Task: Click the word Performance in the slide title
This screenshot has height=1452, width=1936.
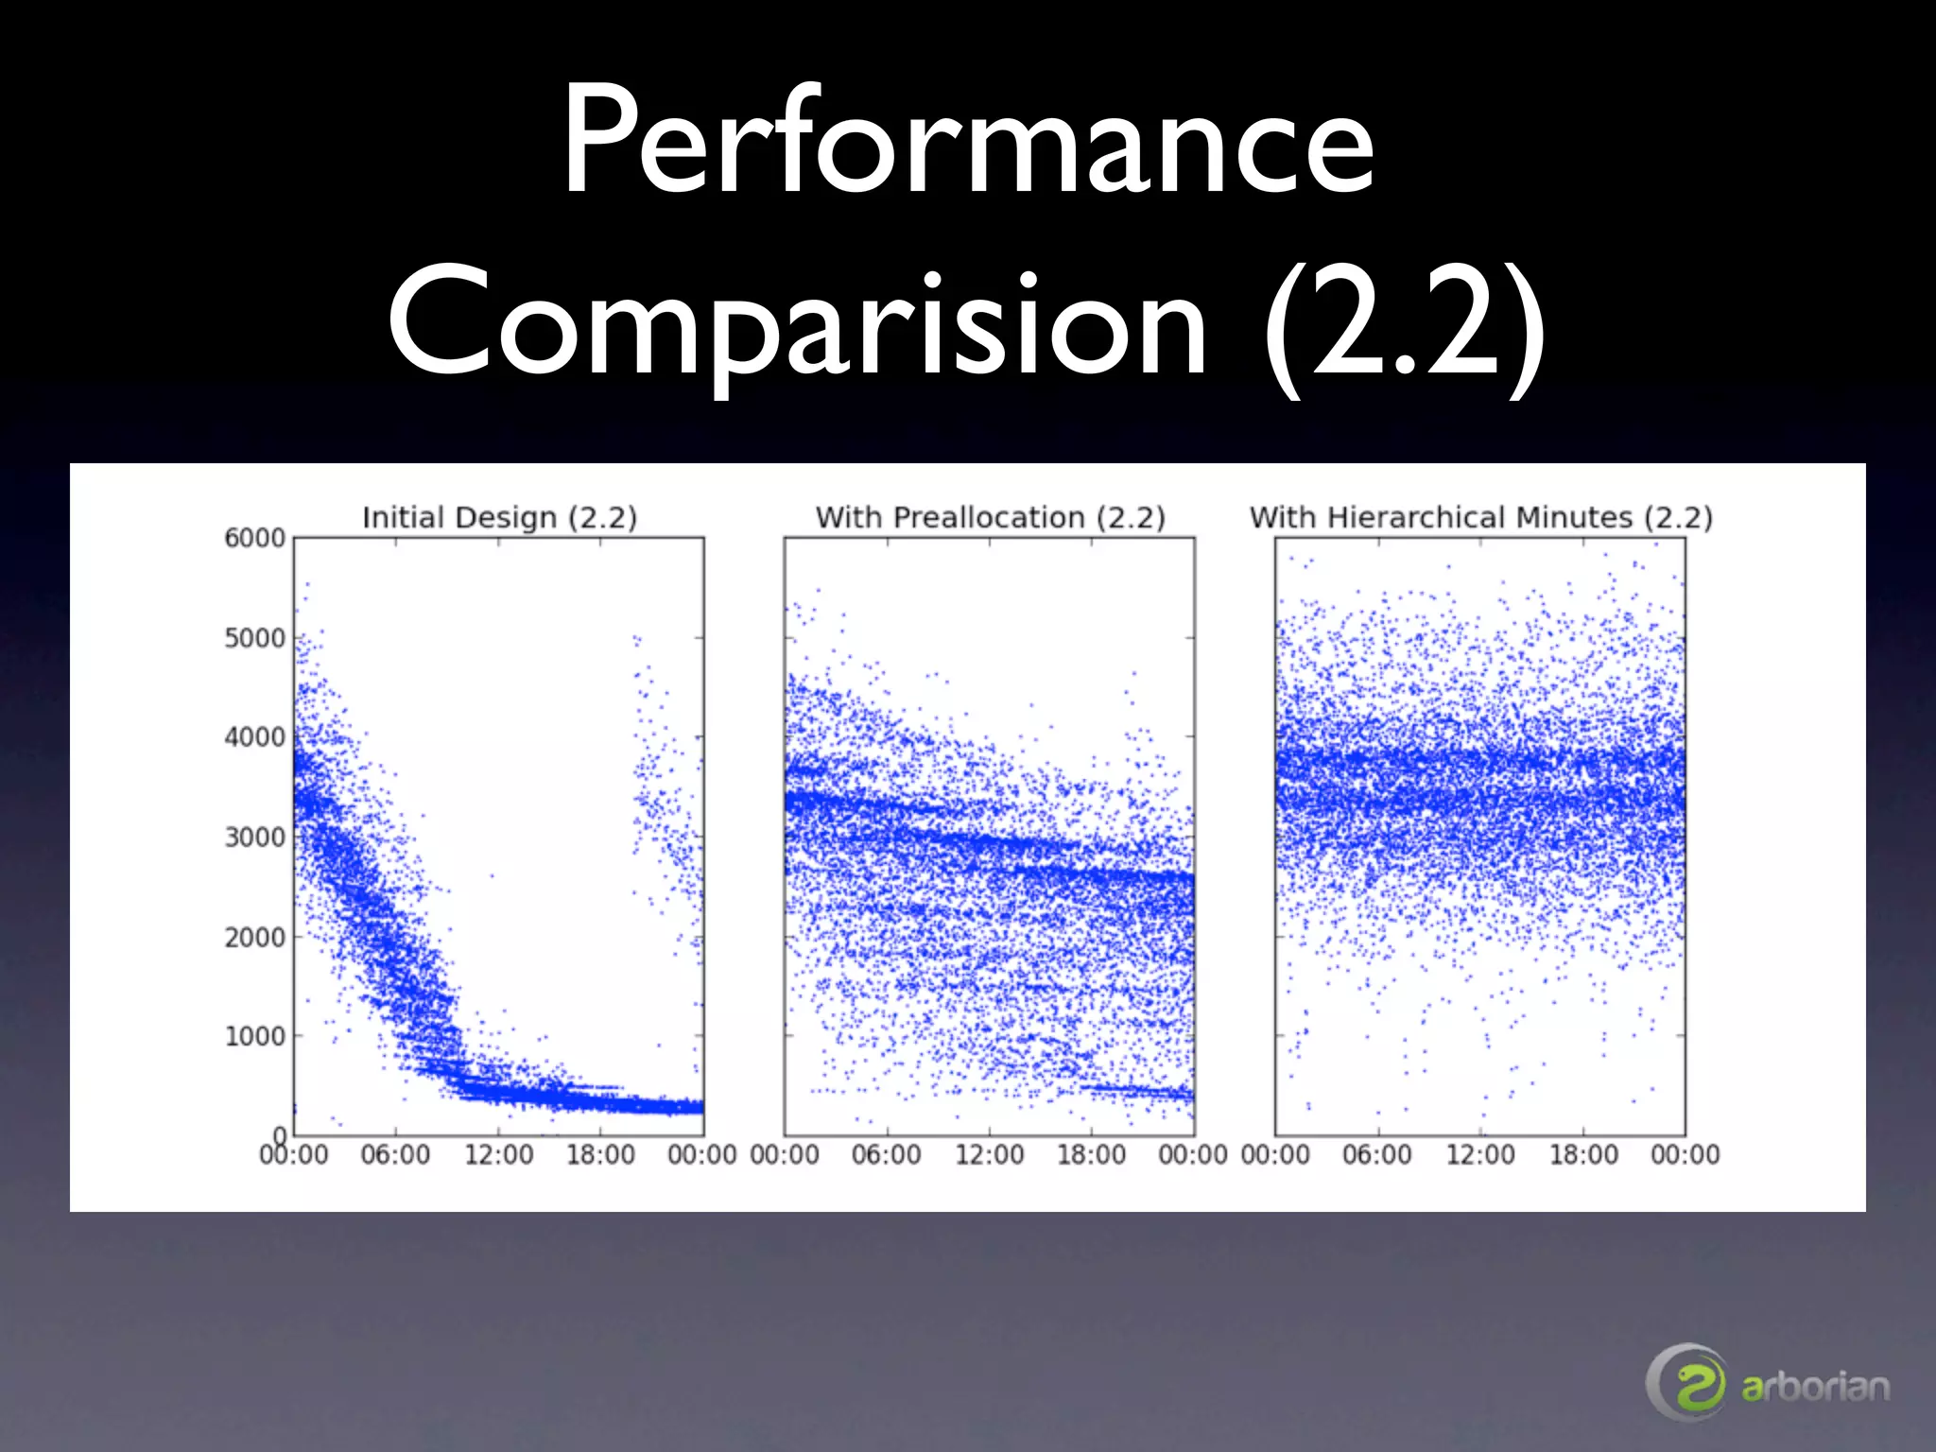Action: point(968,142)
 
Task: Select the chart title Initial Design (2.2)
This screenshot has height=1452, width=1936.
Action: point(499,517)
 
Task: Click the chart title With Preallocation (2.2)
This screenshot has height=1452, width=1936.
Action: point(990,517)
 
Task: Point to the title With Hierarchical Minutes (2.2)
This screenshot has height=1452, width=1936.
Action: point(1480,517)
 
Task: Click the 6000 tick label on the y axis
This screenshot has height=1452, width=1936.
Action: point(254,538)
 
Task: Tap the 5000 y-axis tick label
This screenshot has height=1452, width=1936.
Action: point(254,638)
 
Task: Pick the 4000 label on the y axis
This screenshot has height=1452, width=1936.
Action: point(254,737)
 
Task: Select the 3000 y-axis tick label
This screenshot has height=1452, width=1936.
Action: point(254,838)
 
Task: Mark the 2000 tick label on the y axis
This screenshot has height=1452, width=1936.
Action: point(254,937)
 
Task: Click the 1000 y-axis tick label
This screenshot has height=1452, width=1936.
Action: point(254,1036)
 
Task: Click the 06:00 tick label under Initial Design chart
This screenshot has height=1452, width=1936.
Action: point(395,1154)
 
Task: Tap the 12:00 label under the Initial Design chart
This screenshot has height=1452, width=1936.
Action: point(498,1154)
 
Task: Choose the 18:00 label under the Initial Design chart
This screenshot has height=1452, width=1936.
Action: point(600,1154)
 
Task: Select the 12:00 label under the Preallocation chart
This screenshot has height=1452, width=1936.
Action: point(989,1154)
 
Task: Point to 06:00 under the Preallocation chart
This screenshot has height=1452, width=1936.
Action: point(886,1154)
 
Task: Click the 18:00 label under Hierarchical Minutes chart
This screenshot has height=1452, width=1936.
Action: point(1583,1154)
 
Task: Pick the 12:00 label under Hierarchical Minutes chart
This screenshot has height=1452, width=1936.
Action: point(1480,1154)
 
